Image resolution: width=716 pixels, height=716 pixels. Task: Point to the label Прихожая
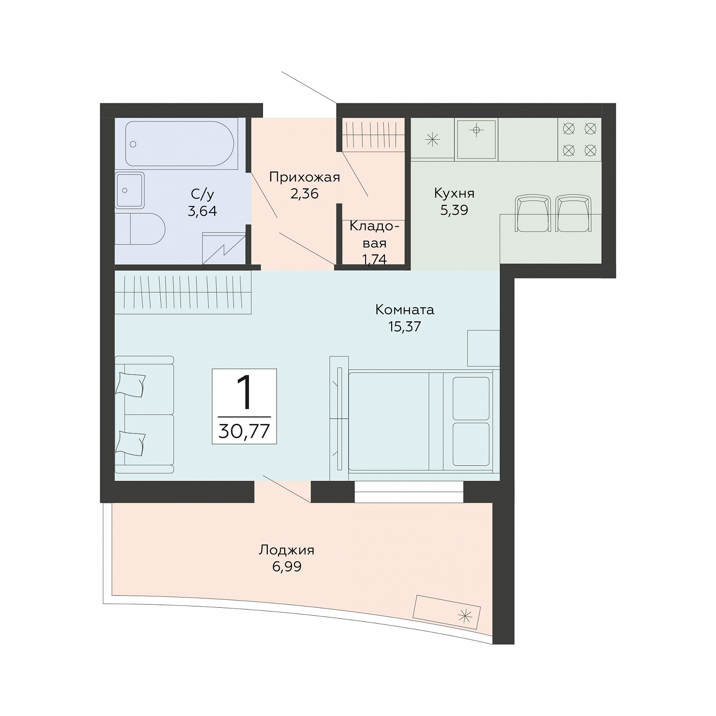[305, 178]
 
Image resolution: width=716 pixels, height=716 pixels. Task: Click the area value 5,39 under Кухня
[454, 210]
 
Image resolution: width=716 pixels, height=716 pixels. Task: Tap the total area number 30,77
[244, 430]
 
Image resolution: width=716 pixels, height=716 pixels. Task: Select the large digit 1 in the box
[244, 392]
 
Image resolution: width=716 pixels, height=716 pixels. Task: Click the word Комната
[405, 309]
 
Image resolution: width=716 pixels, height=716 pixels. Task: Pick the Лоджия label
[286, 550]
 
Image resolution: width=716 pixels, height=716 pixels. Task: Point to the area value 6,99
[286, 567]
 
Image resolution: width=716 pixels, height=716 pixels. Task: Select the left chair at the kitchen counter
[533, 213]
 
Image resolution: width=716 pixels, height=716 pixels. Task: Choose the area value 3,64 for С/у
[202, 211]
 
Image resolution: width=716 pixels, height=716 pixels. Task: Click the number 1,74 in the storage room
[374, 259]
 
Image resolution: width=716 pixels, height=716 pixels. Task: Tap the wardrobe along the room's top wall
[183, 292]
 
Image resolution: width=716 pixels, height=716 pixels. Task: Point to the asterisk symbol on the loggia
[465, 615]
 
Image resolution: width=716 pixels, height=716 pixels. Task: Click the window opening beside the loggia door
[409, 491]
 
